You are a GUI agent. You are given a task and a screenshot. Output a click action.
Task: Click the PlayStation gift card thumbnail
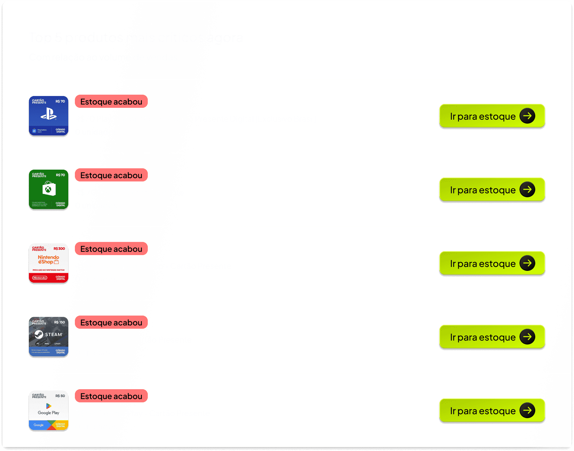[x=49, y=116]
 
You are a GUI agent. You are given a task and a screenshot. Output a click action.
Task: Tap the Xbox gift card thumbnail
[x=49, y=190]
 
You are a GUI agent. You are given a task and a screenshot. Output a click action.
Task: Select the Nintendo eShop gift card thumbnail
[x=49, y=263]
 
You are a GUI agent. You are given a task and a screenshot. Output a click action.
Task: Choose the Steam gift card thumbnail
[x=49, y=337]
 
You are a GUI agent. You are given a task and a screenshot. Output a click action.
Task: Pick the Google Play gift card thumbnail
[x=49, y=411]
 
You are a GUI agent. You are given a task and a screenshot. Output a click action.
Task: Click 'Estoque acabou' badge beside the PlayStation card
[x=111, y=102]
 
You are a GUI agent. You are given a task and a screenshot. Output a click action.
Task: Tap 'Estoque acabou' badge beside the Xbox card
[x=111, y=175]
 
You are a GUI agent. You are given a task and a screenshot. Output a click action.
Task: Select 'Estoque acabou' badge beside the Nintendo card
[x=111, y=249]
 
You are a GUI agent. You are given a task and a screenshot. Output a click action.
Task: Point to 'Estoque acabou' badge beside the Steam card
[x=111, y=322]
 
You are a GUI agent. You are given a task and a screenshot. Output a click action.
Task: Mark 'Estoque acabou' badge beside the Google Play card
[x=111, y=396]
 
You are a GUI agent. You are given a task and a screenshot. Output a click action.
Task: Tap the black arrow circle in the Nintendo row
[x=527, y=263]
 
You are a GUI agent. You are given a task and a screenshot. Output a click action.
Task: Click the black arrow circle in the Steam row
[x=527, y=337]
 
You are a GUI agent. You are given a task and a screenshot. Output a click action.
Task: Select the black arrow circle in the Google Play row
[x=527, y=411]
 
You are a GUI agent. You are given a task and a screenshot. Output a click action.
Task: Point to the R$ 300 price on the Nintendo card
[x=59, y=249]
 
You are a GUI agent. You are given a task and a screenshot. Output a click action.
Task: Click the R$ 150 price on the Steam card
[x=59, y=322]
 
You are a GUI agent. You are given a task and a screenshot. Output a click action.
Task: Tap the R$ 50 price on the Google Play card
[x=60, y=396]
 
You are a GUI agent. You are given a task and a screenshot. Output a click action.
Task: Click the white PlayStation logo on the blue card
[x=49, y=114]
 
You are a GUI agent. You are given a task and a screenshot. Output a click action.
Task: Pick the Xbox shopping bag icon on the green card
[x=49, y=189]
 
